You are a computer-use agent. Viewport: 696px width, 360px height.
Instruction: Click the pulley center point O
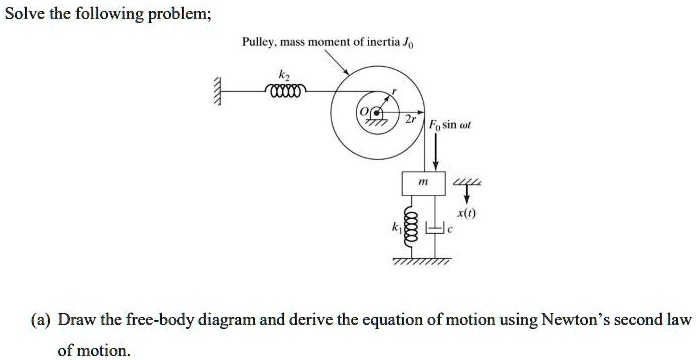tap(376, 113)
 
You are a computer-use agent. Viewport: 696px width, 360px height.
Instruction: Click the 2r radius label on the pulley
tap(409, 119)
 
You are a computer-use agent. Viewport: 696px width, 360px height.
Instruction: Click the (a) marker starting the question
tap(42, 320)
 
